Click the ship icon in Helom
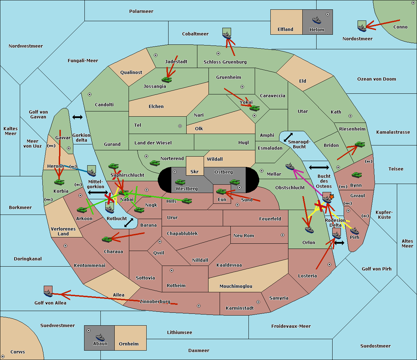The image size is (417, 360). tap(317, 20)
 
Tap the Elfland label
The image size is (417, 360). tap(285, 30)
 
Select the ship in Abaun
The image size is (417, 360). tap(100, 337)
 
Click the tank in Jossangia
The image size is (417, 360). tap(167, 80)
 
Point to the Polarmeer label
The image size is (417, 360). tap(141, 11)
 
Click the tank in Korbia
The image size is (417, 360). tap(59, 182)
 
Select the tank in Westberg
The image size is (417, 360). tap(180, 182)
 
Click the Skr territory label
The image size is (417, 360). tap(195, 172)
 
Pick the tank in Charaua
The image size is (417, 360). tap(107, 239)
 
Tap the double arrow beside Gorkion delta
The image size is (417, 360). tap(77, 117)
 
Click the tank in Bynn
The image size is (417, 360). tap(357, 175)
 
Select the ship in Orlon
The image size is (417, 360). tap(309, 230)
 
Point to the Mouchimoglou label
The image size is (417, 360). tap(236, 286)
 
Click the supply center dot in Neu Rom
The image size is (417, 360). tap(283, 235)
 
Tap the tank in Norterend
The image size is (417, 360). tap(155, 163)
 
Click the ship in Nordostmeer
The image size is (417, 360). tap(362, 28)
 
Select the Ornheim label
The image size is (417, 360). tap(129, 344)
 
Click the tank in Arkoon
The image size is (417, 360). tap(82, 210)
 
